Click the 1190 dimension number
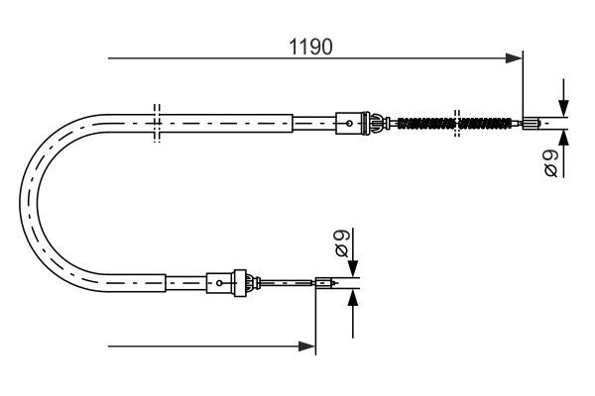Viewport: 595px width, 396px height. coord(310,47)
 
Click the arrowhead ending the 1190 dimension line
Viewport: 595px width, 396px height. coord(514,58)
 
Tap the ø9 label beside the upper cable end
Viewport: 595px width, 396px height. coord(551,163)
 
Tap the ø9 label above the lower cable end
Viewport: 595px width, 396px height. coord(341,244)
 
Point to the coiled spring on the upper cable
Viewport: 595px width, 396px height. coord(454,123)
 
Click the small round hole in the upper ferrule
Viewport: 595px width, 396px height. coord(349,123)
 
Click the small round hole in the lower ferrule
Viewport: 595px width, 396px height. coord(219,283)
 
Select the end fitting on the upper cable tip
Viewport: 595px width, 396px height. coord(531,123)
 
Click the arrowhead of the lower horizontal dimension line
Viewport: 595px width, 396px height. coord(306,346)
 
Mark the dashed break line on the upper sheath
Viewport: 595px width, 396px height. coord(157,123)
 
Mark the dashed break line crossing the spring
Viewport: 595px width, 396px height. coord(457,123)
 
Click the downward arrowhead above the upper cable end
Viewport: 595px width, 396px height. coord(563,108)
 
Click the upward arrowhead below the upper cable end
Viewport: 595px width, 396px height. coord(563,138)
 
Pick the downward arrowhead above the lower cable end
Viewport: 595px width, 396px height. coord(353,268)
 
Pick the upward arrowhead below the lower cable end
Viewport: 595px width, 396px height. coord(353,298)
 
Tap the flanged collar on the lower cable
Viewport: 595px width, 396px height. coord(240,283)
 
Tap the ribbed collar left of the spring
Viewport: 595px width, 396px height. coord(371,123)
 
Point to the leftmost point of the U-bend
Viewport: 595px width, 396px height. coord(20,203)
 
